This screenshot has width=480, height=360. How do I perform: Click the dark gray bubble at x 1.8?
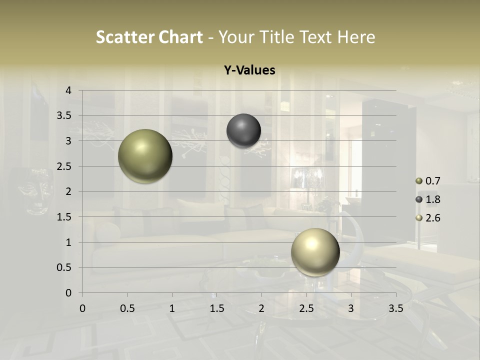[x=243, y=131]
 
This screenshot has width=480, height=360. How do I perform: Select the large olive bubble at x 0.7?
[x=145, y=156]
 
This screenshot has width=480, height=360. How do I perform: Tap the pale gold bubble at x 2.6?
[x=315, y=252]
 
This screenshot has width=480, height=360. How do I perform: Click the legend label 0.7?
[x=432, y=181]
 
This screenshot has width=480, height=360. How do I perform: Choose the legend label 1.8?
[x=432, y=199]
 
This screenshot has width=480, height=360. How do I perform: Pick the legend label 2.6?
[x=432, y=218]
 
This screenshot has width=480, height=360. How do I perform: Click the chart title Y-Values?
[x=249, y=70]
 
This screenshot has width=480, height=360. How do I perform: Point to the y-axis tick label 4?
[x=68, y=90]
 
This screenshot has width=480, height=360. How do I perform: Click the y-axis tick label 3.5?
[x=64, y=115]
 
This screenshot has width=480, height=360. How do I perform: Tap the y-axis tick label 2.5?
[x=64, y=166]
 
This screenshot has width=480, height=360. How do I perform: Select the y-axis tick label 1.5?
[x=64, y=217]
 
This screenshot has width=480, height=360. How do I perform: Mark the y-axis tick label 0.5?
[x=64, y=267]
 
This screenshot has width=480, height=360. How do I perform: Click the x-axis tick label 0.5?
[x=127, y=308]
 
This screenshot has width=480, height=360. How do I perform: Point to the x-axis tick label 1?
[x=172, y=308]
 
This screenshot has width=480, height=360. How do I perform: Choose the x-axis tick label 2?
[x=261, y=308]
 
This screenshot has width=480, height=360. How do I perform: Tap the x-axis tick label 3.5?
[x=395, y=308]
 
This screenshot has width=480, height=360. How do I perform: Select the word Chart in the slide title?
[x=180, y=37]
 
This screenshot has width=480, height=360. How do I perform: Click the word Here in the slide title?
[x=356, y=37]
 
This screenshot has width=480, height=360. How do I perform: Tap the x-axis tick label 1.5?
[x=216, y=308]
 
